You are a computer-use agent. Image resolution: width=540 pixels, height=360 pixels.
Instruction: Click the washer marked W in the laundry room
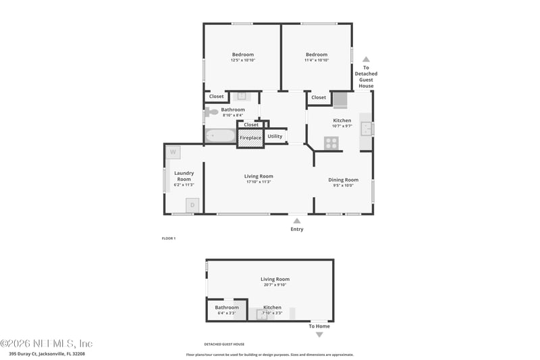click(x=173, y=152)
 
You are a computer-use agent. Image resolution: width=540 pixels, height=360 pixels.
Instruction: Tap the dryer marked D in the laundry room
click(x=192, y=205)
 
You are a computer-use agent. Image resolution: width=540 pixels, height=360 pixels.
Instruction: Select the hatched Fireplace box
click(x=250, y=138)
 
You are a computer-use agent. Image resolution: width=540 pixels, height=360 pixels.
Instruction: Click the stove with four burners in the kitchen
click(x=331, y=143)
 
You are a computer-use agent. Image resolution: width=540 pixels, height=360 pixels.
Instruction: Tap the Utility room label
click(x=275, y=136)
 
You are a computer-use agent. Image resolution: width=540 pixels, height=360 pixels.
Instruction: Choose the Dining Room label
click(x=343, y=180)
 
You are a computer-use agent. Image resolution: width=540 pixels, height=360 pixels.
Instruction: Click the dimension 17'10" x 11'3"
click(x=259, y=182)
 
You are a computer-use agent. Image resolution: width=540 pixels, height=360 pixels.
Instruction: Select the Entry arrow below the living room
click(x=296, y=220)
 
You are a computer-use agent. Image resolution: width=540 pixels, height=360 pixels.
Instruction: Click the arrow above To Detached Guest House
click(x=366, y=59)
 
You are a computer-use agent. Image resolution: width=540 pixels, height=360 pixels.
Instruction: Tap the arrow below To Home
click(x=319, y=334)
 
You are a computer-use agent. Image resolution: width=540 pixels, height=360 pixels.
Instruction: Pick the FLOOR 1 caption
click(x=169, y=238)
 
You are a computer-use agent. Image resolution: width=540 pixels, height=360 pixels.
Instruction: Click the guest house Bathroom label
click(x=227, y=307)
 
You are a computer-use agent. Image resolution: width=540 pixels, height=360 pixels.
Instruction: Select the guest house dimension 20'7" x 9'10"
click(x=275, y=284)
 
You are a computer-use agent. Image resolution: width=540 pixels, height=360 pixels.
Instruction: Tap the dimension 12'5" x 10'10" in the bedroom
click(x=243, y=60)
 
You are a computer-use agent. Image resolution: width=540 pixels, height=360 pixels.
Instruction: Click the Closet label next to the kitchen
click(x=319, y=97)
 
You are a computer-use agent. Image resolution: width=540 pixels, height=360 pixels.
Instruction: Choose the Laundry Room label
click(x=184, y=176)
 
